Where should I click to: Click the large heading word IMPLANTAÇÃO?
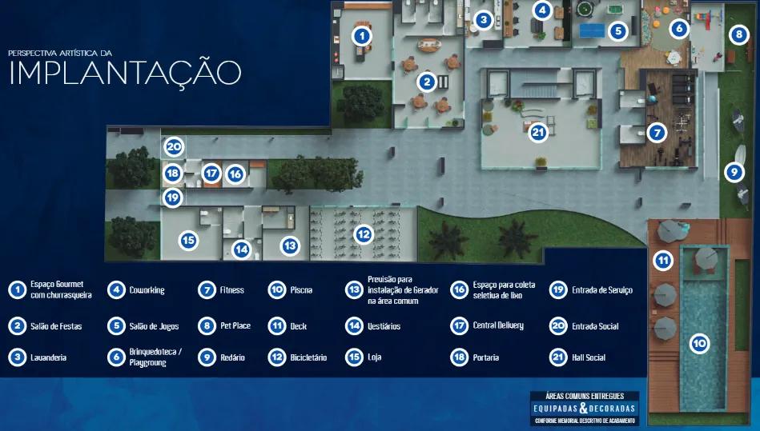click(125, 71)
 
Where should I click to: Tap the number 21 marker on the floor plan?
click(538, 132)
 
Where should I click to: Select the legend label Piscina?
click(301, 290)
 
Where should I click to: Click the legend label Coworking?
click(147, 290)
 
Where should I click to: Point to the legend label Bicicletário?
click(308, 357)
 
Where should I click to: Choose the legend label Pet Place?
click(235, 326)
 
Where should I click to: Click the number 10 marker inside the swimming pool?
click(699, 344)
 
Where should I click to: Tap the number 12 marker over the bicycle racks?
click(364, 234)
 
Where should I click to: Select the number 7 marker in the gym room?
click(657, 133)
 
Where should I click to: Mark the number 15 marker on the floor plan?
click(188, 239)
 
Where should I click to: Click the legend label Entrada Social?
click(595, 326)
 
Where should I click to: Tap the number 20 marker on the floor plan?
click(175, 146)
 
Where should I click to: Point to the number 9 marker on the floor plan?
click(731, 171)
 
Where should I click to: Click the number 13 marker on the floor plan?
click(289, 245)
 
